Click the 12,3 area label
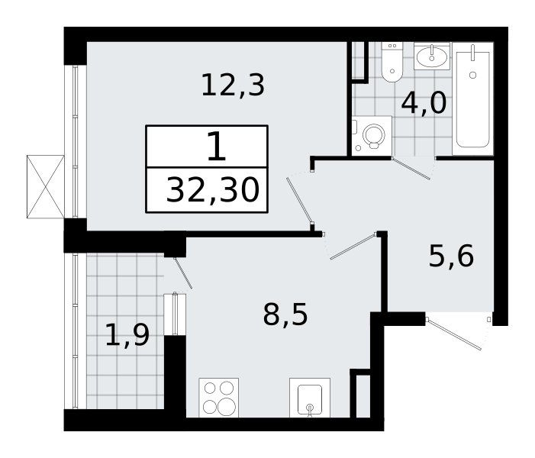click(x=233, y=85)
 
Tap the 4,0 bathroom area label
click(x=424, y=103)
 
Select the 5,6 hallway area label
click(x=451, y=256)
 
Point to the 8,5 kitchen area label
click(x=285, y=314)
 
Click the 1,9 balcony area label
click(x=127, y=335)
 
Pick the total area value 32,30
click(x=213, y=190)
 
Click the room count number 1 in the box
click(x=216, y=147)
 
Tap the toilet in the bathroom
click(x=392, y=62)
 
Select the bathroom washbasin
click(x=432, y=56)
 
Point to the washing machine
click(x=372, y=136)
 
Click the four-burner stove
click(x=219, y=397)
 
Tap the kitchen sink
click(x=310, y=397)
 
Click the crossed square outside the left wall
click(x=45, y=187)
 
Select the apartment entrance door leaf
click(x=454, y=334)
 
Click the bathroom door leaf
click(x=411, y=169)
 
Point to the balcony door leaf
click(x=183, y=273)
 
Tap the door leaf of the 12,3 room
click(x=299, y=201)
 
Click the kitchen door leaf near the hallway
click(x=353, y=247)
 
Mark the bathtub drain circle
click(x=472, y=75)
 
